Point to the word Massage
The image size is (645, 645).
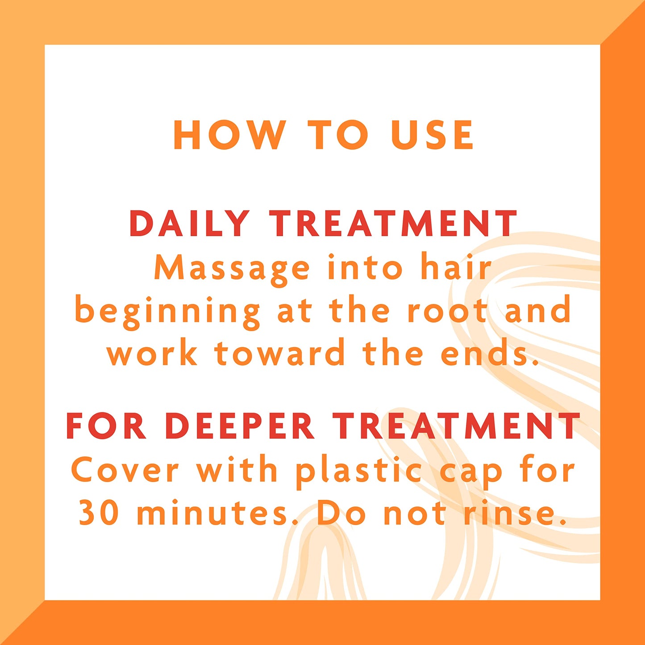click(x=232, y=270)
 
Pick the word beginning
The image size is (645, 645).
click(x=167, y=312)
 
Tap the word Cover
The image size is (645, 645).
click(x=125, y=471)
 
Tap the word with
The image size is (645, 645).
click(x=237, y=469)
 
